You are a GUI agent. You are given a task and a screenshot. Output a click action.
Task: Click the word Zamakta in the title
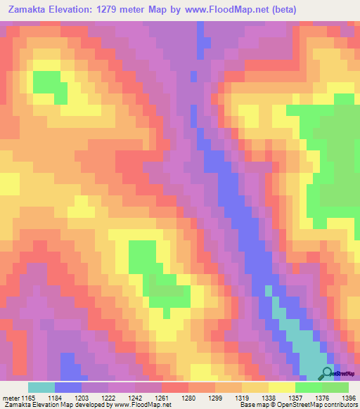coord(26,10)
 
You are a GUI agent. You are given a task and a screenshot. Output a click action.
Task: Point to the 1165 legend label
coord(28,398)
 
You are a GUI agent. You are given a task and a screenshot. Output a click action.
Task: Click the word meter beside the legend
coord(11,398)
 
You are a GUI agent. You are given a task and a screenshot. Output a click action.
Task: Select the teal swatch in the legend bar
coord(41,387)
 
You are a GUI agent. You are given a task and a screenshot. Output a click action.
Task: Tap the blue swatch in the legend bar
coord(68,387)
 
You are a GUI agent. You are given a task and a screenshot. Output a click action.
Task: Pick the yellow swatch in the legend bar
coord(282,387)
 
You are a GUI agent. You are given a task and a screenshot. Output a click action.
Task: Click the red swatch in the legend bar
coord(175,387)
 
